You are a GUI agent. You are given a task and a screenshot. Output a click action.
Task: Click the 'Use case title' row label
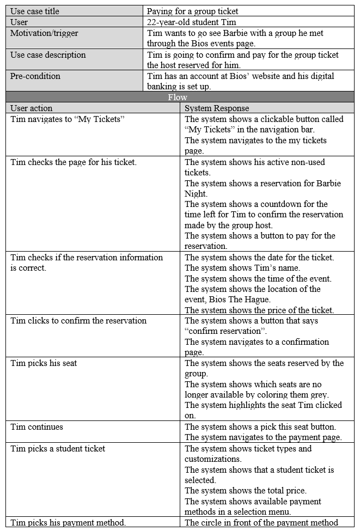pos(35,11)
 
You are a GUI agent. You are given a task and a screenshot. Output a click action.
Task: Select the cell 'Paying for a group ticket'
pos(193,11)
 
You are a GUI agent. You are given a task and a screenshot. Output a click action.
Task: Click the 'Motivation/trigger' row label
pos(44,33)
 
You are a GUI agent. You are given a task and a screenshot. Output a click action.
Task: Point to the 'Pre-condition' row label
pos(35,76)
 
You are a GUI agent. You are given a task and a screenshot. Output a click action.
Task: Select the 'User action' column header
pos(32,108)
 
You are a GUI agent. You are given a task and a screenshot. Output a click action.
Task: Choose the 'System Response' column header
pos(217,108)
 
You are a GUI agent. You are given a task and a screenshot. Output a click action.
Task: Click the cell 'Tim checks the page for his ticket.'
pos(74,162)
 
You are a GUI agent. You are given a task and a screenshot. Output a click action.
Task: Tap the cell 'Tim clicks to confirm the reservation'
pos(78,321)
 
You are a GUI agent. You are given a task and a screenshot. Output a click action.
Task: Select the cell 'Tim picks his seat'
pos(44,363)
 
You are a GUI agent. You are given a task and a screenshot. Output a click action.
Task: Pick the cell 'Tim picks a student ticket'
pos(58,449)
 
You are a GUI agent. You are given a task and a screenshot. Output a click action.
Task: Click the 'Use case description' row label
pos(48,55)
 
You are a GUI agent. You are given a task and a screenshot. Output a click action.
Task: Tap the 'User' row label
pos(19,22)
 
